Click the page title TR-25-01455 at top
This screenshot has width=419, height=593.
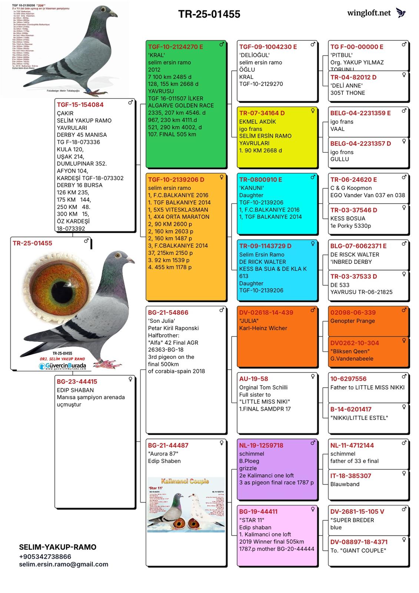tap(209, 14)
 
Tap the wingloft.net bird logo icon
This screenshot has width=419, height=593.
tap(401, 13)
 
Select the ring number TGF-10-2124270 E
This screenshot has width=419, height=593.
tap(175, 47)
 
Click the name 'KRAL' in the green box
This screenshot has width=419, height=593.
tap(156, 55)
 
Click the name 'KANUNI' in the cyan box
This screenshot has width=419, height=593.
tap(251, 188)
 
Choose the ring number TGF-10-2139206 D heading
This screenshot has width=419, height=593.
tap(176, 179)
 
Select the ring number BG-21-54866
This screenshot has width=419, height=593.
tap(168, 312)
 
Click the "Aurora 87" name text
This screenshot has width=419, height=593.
tap(163, 454)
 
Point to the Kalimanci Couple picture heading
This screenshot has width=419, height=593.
tap(185, 481)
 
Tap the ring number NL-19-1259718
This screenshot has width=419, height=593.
tap(261, 445)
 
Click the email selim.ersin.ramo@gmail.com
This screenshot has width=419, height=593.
tap(64, 564)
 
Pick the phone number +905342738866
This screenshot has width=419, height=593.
tap(45, 557)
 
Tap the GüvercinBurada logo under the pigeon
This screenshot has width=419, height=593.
tap(63, 366)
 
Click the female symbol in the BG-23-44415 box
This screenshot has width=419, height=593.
tap(130, 379)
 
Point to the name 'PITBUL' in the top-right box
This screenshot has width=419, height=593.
tap(342, 55)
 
